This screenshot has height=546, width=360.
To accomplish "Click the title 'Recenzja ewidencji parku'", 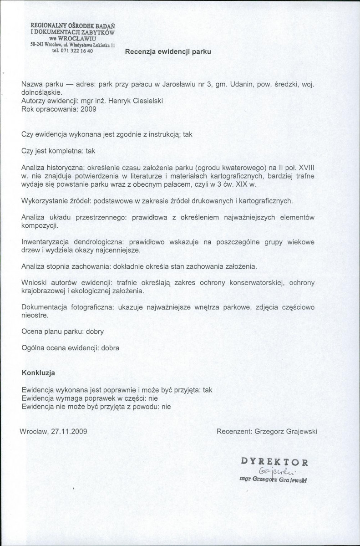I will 168,52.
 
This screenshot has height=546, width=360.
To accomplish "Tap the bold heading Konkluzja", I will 38,373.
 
